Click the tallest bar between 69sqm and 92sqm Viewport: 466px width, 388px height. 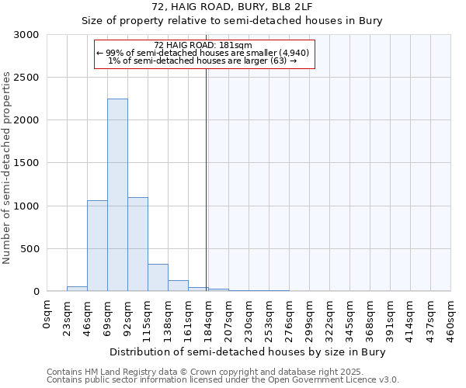(x=117, y=195)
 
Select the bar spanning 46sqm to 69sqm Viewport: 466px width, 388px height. (x=97, y=245)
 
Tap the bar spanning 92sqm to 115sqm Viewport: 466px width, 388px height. (x=137, y=244)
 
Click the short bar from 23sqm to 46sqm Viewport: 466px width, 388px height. (x=77, y=289)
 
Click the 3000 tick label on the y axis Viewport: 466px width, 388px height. (x=26, y=35)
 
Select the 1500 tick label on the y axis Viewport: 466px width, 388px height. (x=26, y=163)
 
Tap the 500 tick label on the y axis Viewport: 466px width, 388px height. (x=29, y=249)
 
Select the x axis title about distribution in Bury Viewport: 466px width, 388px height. (x=248, y=352)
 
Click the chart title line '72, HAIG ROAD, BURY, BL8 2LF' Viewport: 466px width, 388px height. (x=232, y=7)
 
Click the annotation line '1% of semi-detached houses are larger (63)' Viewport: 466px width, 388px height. (x=203, y=61)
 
